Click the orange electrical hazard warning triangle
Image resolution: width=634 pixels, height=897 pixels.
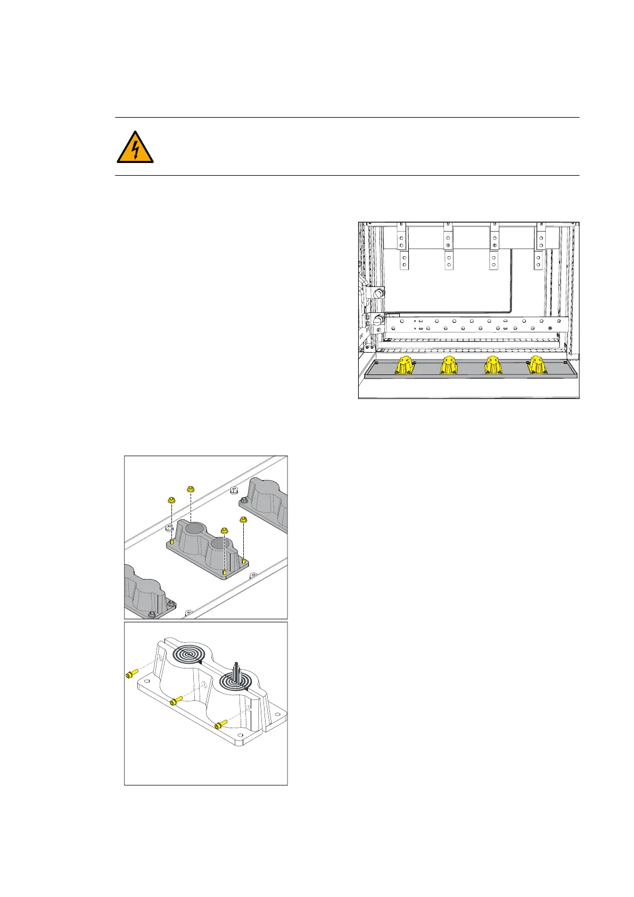tap(135, 148)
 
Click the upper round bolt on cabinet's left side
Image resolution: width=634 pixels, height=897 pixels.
tap(378, 292)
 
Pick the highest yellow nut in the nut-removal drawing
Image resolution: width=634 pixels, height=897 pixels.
tap(190, 488)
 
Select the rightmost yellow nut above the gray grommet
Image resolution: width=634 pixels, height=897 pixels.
tap(244, 519)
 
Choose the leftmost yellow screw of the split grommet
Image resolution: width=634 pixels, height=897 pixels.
tap(131, 674)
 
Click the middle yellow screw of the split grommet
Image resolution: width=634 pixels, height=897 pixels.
tap(176, 702)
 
